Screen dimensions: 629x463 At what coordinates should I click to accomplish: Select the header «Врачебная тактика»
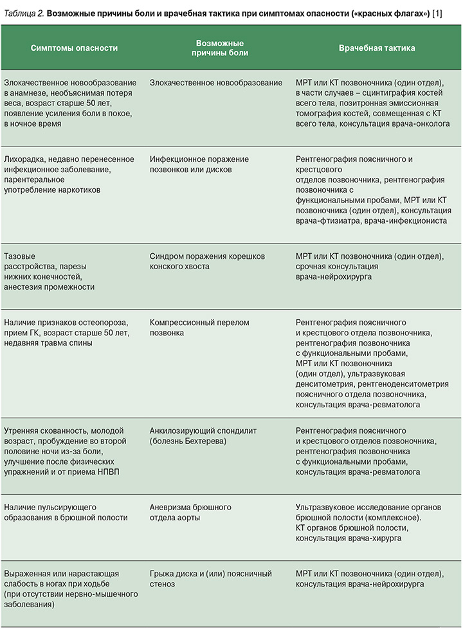[x=377, y=49]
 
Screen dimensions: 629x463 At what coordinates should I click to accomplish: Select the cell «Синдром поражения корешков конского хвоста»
[x=207, y=261]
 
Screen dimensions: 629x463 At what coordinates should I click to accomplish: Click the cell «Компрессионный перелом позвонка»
[x=199, y=328]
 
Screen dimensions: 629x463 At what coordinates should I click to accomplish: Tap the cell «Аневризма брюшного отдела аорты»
[x=190, y=512]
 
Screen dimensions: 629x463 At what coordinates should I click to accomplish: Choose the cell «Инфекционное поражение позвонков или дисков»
[x=199, y=164]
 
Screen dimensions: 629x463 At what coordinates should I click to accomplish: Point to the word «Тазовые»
[x=19, y=256]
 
